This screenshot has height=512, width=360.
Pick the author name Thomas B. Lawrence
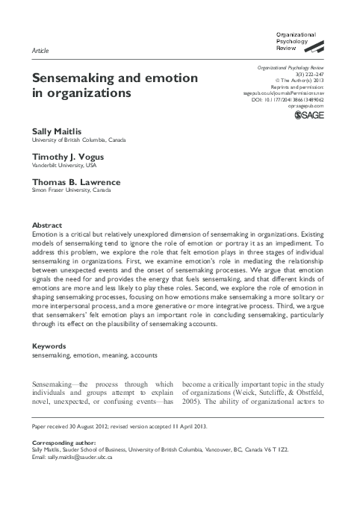pos(76,182)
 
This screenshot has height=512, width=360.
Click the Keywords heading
pos(51,347)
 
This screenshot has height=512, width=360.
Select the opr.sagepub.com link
pos(308,107)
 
